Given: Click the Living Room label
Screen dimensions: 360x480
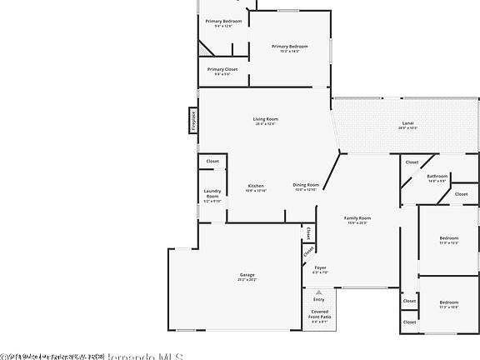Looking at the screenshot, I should point(266,119).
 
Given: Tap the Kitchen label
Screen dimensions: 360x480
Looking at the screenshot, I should point(256,185).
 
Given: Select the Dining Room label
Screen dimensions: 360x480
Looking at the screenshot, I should point(306,185).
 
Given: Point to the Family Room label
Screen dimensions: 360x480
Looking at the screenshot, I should point(358,217).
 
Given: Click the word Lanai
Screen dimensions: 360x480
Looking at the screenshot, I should point(407,123).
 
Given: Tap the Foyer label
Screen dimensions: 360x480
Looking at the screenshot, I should point(320,267).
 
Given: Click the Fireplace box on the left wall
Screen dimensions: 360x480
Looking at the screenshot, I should point(192,120).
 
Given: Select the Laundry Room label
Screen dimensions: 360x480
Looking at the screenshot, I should point(212,195).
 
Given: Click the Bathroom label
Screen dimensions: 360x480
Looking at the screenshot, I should point(437,176).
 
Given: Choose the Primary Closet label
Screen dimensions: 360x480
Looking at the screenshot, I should point(222,69).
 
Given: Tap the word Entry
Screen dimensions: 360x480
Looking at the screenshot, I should point(319,298).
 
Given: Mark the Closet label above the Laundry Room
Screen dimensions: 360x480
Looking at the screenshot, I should point(212,161).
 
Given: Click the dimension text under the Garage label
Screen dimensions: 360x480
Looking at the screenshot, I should point(247,280).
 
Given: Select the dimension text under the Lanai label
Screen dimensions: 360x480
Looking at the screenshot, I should point(407,128).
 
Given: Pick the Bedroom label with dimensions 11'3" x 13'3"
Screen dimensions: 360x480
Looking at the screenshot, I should point(448,239).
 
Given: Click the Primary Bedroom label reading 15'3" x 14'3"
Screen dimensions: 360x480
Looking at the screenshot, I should point(290,46).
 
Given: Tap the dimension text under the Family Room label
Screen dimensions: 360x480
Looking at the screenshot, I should point(358,222).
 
